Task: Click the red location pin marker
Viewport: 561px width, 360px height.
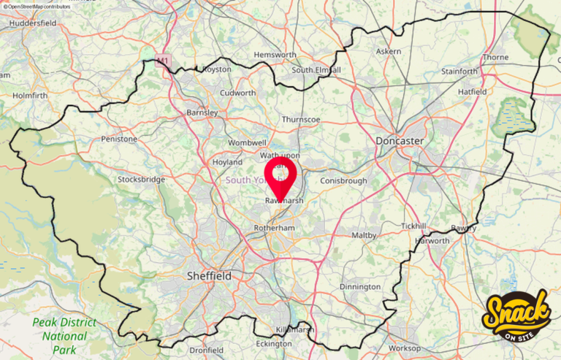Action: (x=280, y=176)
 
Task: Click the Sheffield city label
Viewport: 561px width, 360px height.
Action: (x=209, y=276)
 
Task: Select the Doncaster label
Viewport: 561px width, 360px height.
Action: (x=400, y=140)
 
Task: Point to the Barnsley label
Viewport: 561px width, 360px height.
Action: (x=202, y=112)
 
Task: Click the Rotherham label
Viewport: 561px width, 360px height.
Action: (x=274, y=228)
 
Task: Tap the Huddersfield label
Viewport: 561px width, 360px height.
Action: (x=34, y=23)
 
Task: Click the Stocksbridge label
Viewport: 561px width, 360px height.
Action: (x=142, y=179)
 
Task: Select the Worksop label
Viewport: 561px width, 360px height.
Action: (x=405, y=348)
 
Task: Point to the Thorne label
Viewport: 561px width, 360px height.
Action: (x=495, y=57)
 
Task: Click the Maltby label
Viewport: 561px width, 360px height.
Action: (x=364, y=235)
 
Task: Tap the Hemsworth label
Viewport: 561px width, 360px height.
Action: (x=275, y=55)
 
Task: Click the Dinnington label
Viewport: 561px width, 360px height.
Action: (x=360, y=287)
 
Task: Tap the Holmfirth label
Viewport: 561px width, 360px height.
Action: (x=30, y=94)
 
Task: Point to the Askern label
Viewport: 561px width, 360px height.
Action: (x=388, y=52)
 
